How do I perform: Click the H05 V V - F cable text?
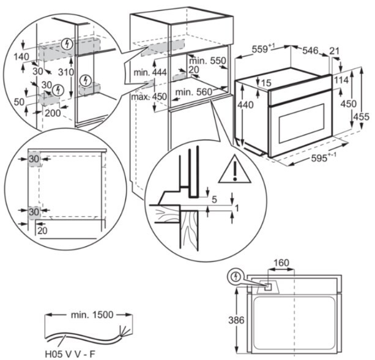69,353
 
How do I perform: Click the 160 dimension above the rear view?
281,264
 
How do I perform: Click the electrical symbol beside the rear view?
234,277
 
